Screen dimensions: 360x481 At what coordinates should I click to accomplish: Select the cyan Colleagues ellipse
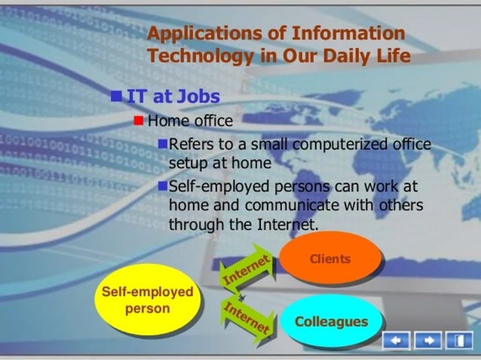331,322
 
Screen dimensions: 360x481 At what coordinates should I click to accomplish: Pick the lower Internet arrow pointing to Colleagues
247,316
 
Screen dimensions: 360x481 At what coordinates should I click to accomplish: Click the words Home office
190,121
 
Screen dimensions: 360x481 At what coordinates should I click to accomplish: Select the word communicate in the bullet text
297,205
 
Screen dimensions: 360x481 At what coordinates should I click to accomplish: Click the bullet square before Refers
163,144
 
